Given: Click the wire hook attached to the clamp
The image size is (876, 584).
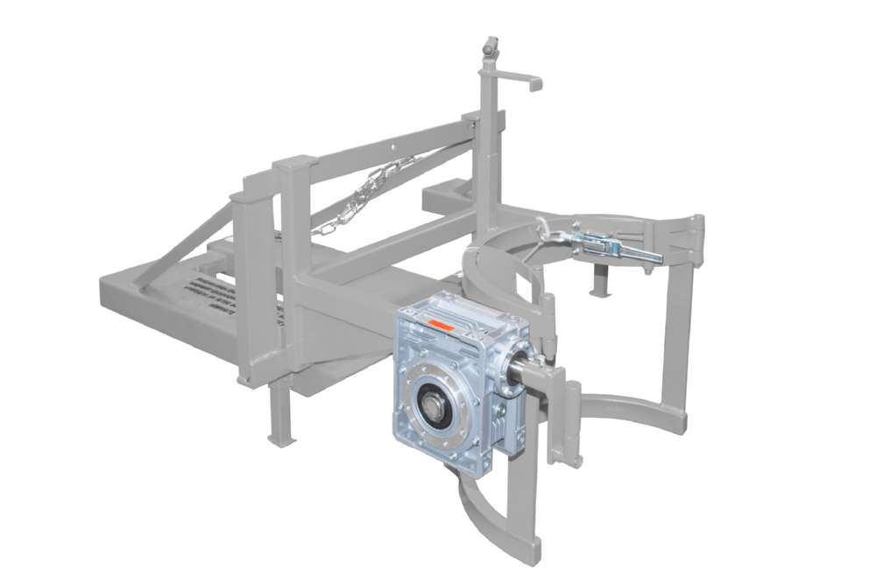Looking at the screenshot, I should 551,233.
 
